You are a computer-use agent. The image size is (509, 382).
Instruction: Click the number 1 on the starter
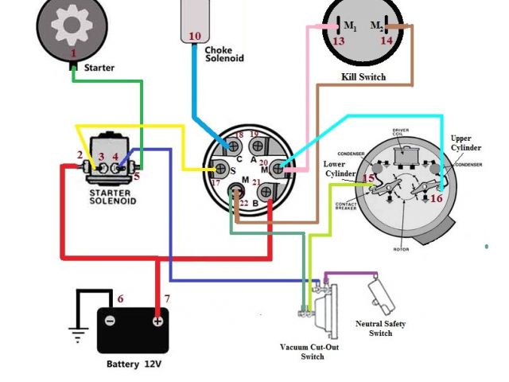click(x=74, y=53)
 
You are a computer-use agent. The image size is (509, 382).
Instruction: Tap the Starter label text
click(x=99, y=68)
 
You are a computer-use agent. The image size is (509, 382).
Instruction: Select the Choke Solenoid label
click(x=224, y=53)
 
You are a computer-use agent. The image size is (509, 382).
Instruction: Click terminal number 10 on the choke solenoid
click(x=195, y=36)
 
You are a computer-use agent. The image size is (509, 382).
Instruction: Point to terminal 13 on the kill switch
click(x=338, y=41)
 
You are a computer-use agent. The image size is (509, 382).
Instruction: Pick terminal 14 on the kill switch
click(x=387, y=41)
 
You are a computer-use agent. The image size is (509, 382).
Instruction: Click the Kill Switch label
click(x=363, y=77)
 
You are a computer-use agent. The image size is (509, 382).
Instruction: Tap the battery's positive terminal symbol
click(x=157, y=321)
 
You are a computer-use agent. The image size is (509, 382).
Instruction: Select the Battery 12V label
click(x=134, y=364)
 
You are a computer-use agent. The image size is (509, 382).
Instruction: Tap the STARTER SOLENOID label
click(x=112, y=196)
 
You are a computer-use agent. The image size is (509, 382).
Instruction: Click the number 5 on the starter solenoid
click(x=136, y=177)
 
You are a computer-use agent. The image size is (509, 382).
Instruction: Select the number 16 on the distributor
click(x=436, y=198)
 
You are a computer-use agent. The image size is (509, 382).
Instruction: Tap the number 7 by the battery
click(x=166, y=299)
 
